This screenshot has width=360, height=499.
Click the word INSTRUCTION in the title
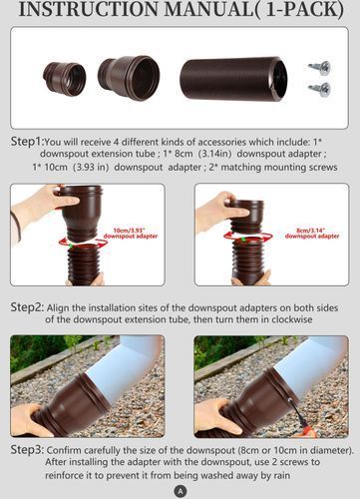(x=88, y=9)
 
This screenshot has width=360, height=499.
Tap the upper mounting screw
(x=319, y=68)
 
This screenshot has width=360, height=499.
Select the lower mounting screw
(x=319, y=90)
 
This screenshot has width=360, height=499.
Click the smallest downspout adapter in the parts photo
(x=65, y=79)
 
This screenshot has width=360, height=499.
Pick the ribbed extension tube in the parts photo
(x=233, y=78)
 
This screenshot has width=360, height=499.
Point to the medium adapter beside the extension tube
(x=129, y=78)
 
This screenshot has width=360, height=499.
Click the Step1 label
(x=27, y=142)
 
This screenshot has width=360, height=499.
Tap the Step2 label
(x=27, y=306)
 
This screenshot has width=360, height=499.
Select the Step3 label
(x=27, y=450)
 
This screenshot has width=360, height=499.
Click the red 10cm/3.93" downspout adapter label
(x=130, y=234)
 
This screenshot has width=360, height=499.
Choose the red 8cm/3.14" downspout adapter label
(x=312, y=234)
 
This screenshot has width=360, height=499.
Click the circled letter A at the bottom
(x=180, y=491)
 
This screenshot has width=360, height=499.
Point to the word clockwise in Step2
(x=292, y=319)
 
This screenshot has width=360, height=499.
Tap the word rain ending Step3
(x=281, y=475)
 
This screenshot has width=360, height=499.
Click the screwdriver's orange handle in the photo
(x=304, y=427)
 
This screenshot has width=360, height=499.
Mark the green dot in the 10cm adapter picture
(x=71, y=246)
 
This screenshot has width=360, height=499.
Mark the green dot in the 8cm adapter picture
(x=244, y=240)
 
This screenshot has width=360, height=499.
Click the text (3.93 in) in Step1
(x=91, y=167)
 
